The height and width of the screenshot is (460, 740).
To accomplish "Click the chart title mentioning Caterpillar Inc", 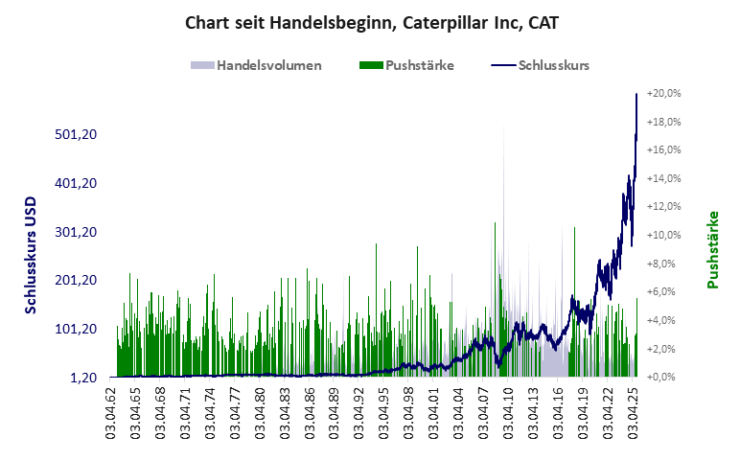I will tap(371, 22).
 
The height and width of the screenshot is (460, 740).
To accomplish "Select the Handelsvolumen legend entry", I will tap(256, 66).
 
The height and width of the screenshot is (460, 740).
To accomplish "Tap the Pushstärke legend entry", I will tap(405, 66).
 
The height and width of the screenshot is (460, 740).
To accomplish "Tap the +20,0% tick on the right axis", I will tap(663, 94).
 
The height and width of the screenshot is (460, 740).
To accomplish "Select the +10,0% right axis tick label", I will tap(663, 236).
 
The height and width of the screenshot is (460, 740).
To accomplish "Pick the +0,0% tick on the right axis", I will tap(663, 378).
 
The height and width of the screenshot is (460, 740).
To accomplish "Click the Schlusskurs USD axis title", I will tap(32, 257).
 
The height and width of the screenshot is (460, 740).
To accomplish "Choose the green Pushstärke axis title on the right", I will tap(712, 249).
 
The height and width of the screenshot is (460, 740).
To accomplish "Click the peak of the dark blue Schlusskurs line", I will tap(636, 94).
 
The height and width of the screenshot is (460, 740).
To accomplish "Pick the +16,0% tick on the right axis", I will tap(663, 150).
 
